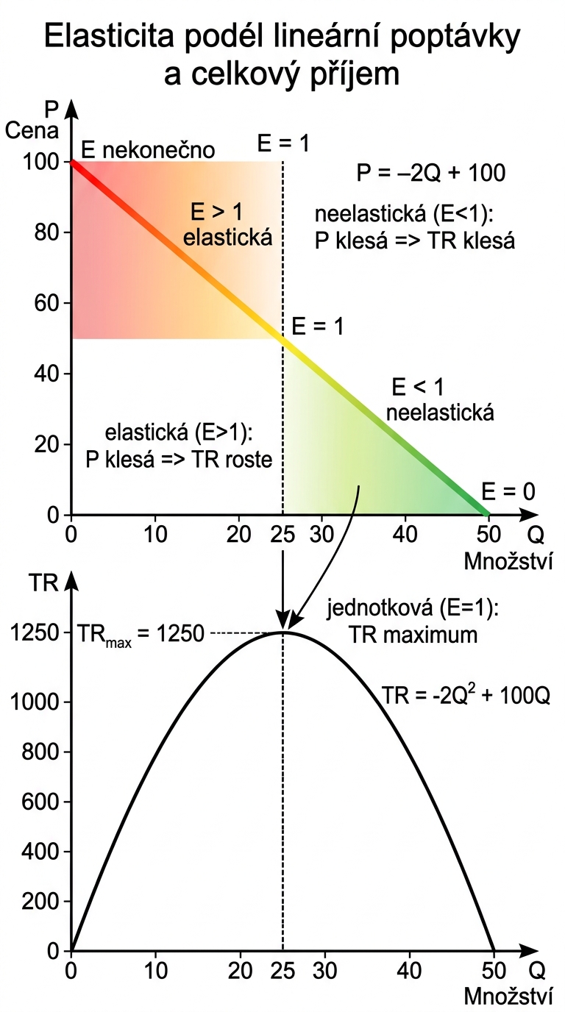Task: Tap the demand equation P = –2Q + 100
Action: click(x=431, y=173)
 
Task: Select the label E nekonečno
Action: click(x=148, y=150)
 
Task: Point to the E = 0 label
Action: click(x=508, y=491)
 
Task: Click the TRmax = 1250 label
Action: click(x=141, y=632)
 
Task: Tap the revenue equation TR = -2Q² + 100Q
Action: click(x=466, y=696)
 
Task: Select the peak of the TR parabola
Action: click(x=282, y=632)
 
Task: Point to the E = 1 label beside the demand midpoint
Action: click(x=318, y=327)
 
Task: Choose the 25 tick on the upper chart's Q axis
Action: click(x=282, y=535)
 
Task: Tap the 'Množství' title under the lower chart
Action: click(x=508, y=997)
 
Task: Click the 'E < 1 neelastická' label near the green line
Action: click(x=439, y=399)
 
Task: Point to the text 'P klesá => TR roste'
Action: click(x=179, y=460)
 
